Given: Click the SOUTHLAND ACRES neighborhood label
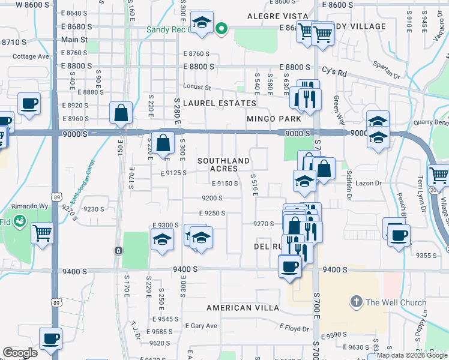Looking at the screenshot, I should click(x=223, y=164).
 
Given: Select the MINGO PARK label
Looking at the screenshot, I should click(x=274, y=119).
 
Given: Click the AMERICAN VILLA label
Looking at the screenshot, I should click(x=243, y=308).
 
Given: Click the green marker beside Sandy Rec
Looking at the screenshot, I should click(x=221, y=28).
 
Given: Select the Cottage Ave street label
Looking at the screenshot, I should click(x=31, y=56).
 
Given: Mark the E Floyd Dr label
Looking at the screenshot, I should click(x=294, y=328).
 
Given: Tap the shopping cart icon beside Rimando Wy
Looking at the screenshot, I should click(x=42, y=232).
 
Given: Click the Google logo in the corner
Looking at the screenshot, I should click(x=20, y=353).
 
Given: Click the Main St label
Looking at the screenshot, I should click(x=74, y=40).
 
